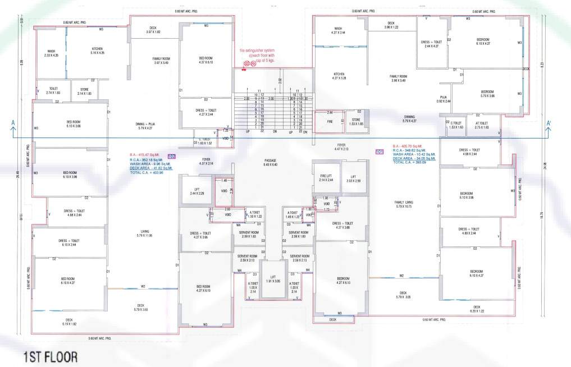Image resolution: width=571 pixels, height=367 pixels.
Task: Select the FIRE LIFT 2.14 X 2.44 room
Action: tap(326, 178)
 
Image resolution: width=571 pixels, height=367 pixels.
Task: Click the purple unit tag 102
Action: tap(172, 156)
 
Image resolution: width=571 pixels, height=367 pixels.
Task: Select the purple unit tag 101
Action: tap(379, 152)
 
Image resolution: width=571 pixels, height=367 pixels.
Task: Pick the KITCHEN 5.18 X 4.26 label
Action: tap(98, 51)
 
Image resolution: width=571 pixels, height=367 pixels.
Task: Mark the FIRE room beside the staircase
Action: tap(330, 121)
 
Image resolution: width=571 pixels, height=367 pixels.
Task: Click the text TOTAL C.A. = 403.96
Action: tap(147, 172)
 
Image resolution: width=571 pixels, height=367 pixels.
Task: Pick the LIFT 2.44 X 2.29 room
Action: tap(197, 191)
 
